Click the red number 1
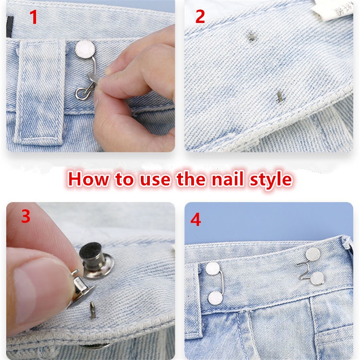click(x=33, y=17)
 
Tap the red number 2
click(x=200, y=17)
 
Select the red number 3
click(x=26, y=216)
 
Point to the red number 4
click(x=196, y=220)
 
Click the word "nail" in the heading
click(x=228, y=179)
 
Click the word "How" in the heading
click(x=89, y=179)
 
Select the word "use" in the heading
click(x=155, y=180)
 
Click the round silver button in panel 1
click(x=85, y=49)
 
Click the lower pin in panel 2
click(x=279, y=96)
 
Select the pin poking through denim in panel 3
click(x=92, y=310)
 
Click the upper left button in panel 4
click(x=212, y=269)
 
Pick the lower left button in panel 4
click(x=216, y=298)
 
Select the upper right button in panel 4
click(x=313, y=254)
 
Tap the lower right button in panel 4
click(x=317, y=278)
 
